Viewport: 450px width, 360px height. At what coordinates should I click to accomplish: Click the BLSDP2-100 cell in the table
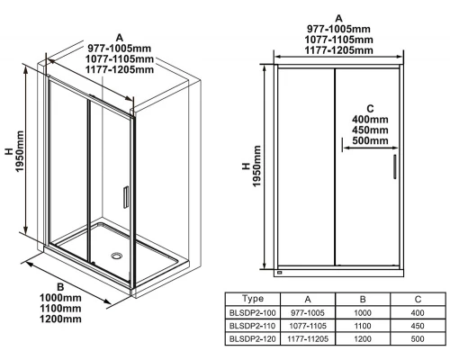252,313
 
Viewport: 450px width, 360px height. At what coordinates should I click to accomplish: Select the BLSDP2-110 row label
252,326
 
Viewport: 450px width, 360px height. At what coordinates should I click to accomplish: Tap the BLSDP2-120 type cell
252,339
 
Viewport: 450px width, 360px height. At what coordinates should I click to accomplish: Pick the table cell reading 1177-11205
308,339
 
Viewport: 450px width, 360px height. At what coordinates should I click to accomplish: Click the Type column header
253,299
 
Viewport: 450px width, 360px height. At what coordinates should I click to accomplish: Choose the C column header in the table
418,299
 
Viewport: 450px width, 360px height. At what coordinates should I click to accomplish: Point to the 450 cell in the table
418,326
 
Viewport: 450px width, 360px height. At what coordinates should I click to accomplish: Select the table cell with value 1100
363,326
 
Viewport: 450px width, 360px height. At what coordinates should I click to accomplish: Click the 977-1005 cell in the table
308,313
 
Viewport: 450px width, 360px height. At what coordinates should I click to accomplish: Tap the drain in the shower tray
116,256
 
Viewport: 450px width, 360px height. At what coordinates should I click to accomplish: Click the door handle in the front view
395,166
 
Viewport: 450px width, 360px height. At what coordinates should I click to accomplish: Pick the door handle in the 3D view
126,197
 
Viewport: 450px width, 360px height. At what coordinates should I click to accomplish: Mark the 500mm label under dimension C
370,140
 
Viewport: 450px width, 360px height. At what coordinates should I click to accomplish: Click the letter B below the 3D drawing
60,287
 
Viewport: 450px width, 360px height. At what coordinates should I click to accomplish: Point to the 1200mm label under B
60,319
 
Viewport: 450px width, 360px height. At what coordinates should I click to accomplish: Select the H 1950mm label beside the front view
251,166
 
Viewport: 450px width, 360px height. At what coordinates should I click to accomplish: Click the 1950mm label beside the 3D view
20,151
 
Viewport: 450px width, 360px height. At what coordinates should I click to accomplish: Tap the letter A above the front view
338,19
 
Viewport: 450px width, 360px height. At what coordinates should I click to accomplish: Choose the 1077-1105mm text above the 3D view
120,58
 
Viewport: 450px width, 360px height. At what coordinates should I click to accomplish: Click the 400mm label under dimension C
370,120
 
